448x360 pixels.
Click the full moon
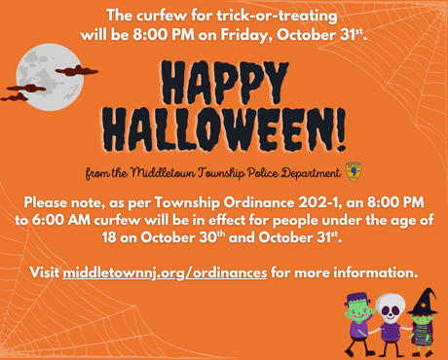(x=41, y=77)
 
